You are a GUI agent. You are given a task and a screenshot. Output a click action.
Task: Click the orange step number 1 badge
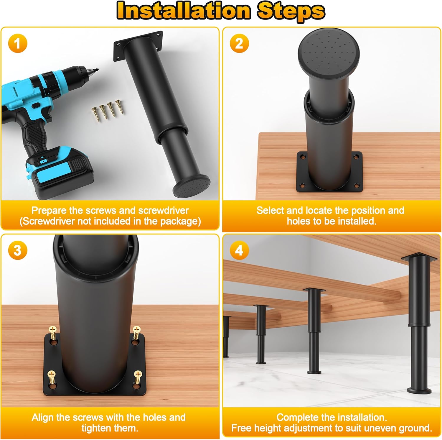pyautogui.click(x=17, y=44)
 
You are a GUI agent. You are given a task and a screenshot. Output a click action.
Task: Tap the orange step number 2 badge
pyautogui.click(x=239, y=44)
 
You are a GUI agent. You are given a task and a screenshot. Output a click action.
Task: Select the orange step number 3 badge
pyautogui.click(x=17, y=251)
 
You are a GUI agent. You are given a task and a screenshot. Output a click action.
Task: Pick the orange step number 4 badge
pyautogui.click(x=239, y=251)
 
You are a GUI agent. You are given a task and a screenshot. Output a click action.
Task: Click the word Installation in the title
pyautogui.click(x=183, y=11)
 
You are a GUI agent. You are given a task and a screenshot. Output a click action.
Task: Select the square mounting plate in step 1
pyautogui.click(x=138, y=46)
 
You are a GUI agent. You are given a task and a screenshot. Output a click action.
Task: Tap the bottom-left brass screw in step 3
pyautogui.click(x=52, y=377)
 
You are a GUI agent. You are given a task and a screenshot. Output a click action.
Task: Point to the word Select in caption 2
pyautogui.click(x=270, y=211)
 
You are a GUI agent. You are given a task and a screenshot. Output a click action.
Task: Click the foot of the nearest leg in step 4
pyautogui.click(x=418, y=391)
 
